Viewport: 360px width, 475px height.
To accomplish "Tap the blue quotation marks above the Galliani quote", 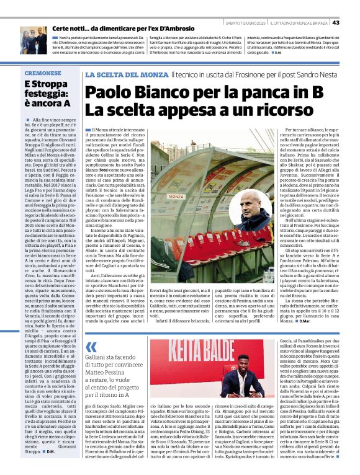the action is tap(91, 347).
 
